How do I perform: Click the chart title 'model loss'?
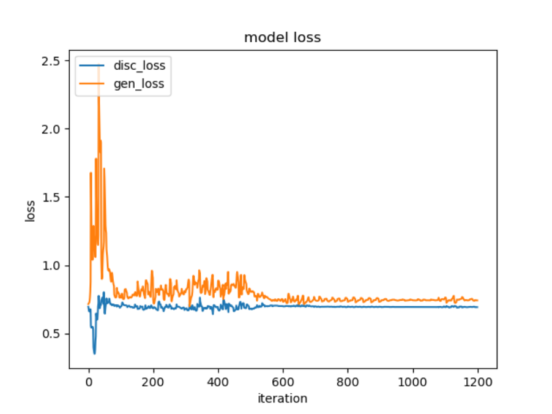click(x=282, y=37)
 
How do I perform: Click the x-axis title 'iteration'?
click(x=282, y=399)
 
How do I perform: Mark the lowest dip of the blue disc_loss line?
click(x=94, y=353)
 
